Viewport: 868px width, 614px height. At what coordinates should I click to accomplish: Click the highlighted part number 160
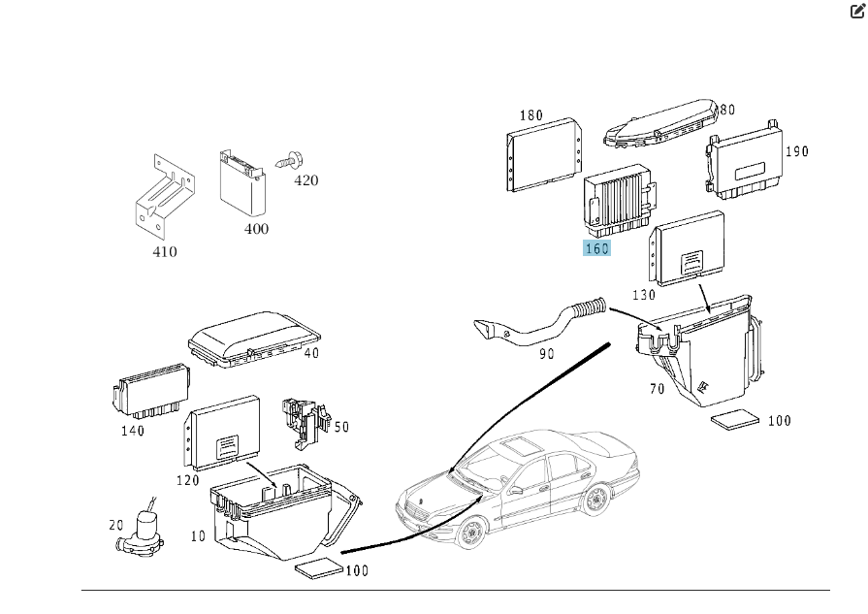click(x=595, y=249)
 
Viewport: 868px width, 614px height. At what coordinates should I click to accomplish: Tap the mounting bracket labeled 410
click(x=163, y=194)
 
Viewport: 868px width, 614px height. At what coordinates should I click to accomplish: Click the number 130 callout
click(x=643, y=295)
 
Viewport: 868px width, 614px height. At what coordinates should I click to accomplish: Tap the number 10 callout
click(x=198, y=535)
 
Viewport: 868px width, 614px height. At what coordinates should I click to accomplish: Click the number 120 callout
click(x=187, y=480)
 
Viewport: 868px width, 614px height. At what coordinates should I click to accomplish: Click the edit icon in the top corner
click(x=856, y=12)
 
